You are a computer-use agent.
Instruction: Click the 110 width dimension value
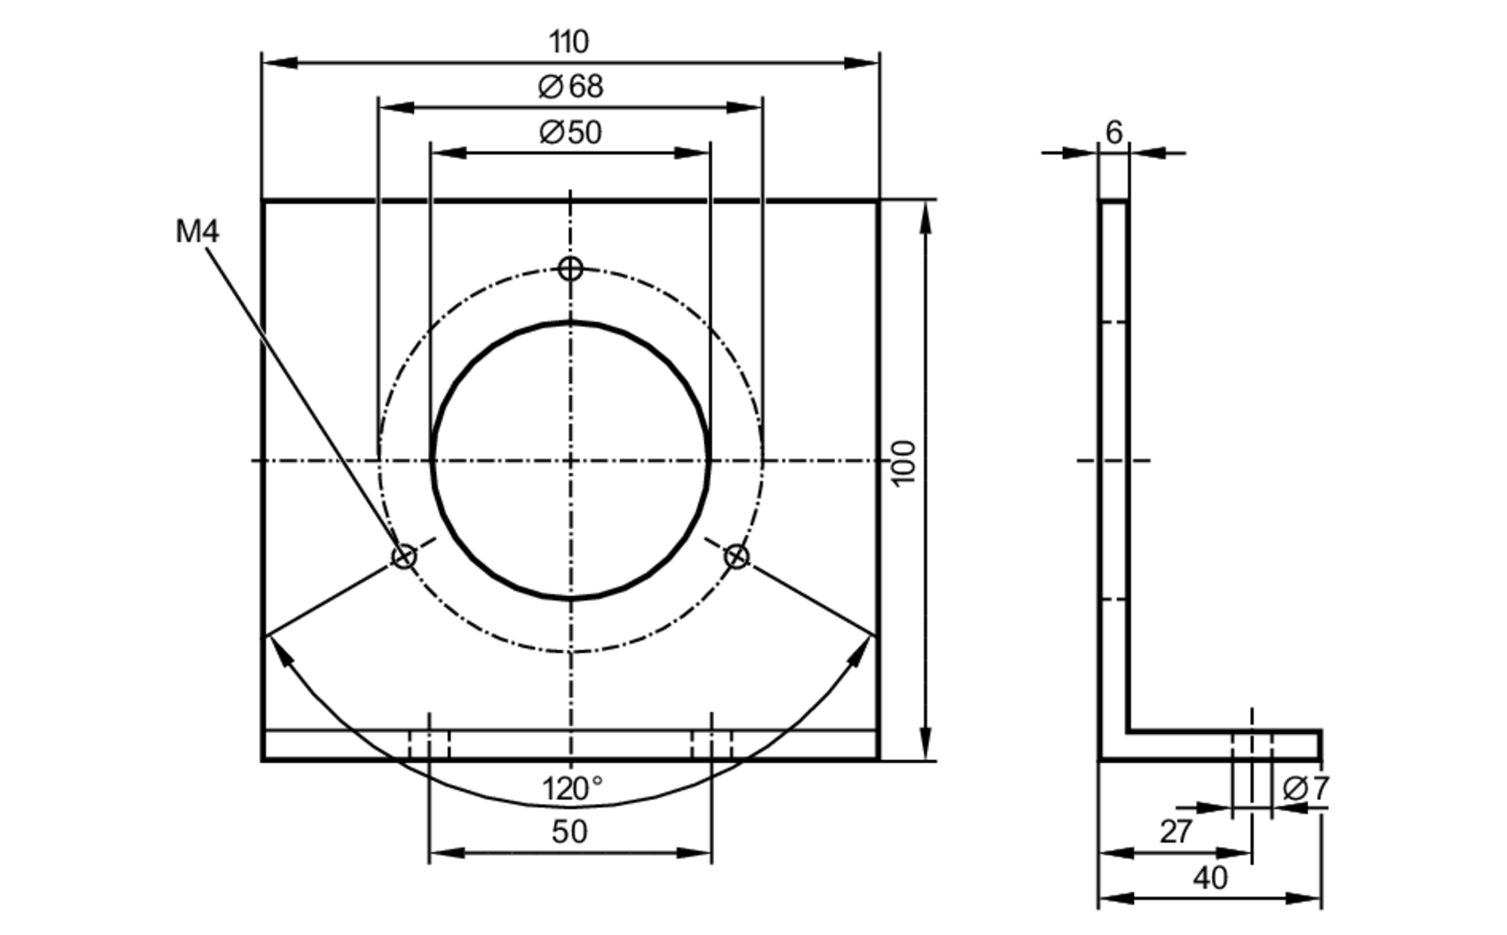coord(569,42)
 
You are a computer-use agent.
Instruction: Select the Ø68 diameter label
coord(570,87)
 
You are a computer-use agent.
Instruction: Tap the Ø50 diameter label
coord(570,133)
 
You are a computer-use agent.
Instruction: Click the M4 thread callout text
coord(197,231)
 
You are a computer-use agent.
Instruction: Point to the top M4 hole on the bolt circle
coord(570,267)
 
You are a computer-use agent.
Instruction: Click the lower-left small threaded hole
coord(404,557)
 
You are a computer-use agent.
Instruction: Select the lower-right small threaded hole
coord(736,557)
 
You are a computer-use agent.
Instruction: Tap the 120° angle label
coord(572,789)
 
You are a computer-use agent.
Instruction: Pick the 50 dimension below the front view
coord(569,832)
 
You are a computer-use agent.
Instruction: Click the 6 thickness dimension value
coord(1114,133)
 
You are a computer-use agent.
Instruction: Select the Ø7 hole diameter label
coord(1305,789)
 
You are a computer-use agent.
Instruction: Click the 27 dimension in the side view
coord(1175,832)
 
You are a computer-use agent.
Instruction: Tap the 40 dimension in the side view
coord(1210,878)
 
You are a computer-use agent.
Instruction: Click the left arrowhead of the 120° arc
coord(280,649)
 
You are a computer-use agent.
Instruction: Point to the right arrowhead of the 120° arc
coord(860,649)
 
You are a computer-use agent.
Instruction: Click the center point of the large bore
coord(570,460)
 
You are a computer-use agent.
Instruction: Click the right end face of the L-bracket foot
coord(1320,745)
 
